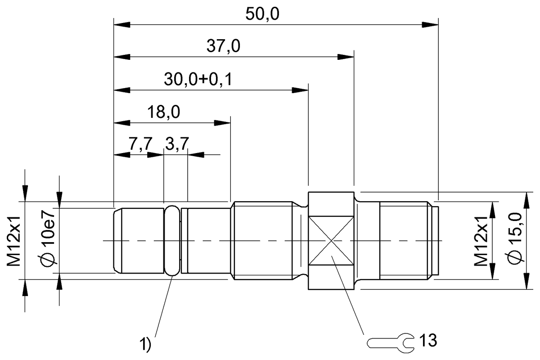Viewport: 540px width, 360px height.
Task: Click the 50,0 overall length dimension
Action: click(x=262, y=14)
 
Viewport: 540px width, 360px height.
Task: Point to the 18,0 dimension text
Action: click(x=164, y=112)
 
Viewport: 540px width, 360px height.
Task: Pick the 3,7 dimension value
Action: click(x=177, y=145)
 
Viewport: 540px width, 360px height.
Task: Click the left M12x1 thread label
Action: click(x=14, y=241)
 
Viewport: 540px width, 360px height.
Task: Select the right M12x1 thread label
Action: click(x=482, y=241)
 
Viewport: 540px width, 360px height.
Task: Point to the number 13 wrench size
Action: click(x=427, y=341)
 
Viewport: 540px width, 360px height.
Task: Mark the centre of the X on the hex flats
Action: click(x=331, y=241)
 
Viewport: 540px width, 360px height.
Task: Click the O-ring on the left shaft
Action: click(x=172, y=241)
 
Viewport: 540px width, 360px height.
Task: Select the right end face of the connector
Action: click(x=437, y=241)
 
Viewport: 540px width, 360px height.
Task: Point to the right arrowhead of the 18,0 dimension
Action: click(x=224, y=122)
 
